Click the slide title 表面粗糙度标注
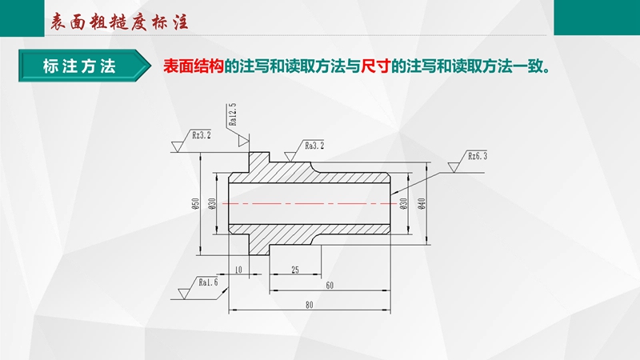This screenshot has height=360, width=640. click(118, 22)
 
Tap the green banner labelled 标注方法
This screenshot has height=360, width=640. click(84, 66)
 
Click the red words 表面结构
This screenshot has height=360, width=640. click(194, 66)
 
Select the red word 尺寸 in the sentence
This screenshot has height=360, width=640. click(376, 66)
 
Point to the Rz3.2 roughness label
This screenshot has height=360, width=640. click(202, 135)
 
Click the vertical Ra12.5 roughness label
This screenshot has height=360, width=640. click(232, 114)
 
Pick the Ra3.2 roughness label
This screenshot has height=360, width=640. click(314, 146)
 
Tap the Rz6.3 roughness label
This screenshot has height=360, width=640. click(477, 156)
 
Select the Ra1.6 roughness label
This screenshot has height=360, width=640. click(208, 282)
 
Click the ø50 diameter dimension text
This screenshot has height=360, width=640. click(195, 204)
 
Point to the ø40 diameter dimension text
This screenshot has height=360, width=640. click(422, 204)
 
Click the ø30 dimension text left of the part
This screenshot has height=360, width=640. click(212, 204)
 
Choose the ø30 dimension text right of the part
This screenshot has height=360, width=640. click(404, 204)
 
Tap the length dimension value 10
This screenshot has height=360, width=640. click(238, 270)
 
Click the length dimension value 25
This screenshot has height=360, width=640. click(295, 270)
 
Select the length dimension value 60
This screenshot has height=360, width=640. click(330, 286)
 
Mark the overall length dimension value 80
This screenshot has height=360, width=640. click(310, 305)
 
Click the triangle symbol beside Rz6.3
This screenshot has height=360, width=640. click(454, 167)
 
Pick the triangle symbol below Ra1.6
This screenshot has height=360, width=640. click(184, 294)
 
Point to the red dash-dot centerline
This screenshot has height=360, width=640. click(310, 203)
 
